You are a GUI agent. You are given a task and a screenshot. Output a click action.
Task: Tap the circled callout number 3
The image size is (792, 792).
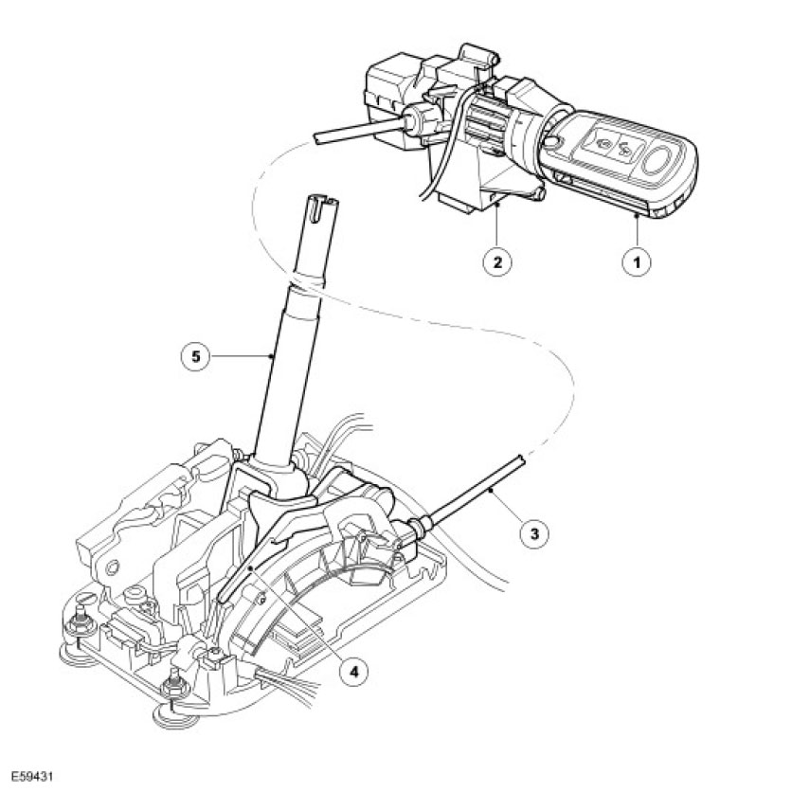click(535, 533)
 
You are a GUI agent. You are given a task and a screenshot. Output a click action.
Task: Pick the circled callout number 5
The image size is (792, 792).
click(193, 356)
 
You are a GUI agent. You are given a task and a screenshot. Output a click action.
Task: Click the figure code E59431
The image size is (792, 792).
click(31, 775)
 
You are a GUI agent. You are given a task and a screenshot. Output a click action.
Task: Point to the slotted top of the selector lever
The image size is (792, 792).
click(317, 205)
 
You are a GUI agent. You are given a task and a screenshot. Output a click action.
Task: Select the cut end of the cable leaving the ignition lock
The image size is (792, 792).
click(315, 139)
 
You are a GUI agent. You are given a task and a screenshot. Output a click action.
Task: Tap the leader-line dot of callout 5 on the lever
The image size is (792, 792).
click(273, 356)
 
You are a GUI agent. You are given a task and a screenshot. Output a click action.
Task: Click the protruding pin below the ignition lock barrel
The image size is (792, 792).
click(541, 194)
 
